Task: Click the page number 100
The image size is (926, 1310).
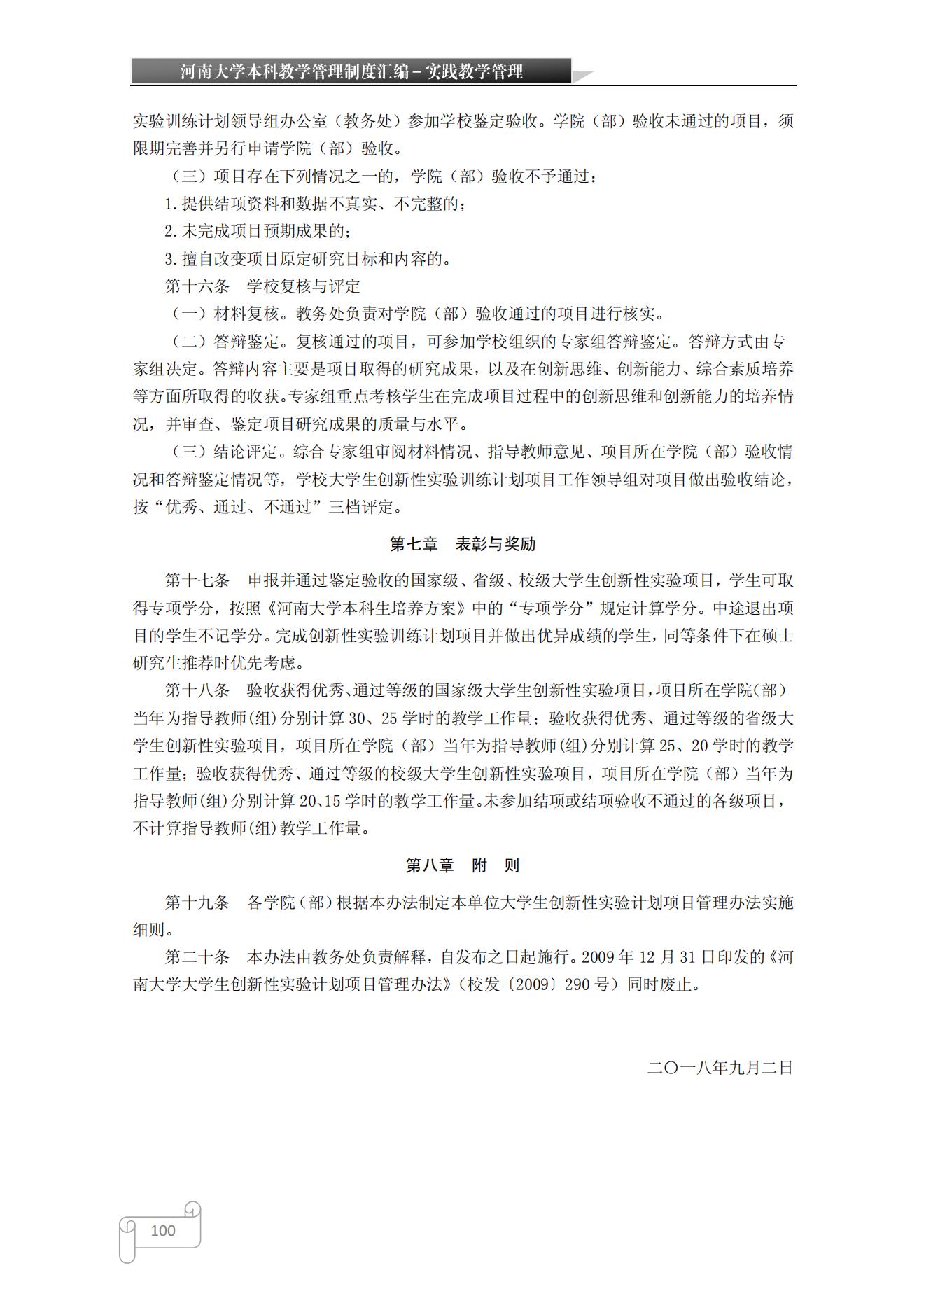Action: click(163, 1230)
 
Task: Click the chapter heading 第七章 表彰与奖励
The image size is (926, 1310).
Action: click(463, 544)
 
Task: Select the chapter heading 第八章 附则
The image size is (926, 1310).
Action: click(463, 865)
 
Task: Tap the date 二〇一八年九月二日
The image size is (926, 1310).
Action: click(720, 1068)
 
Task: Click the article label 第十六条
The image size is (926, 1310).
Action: click(197, 286)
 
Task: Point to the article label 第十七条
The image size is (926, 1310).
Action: click(197, 580)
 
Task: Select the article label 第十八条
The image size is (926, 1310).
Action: click(197, 690)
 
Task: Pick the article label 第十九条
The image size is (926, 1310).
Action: click(197, 903)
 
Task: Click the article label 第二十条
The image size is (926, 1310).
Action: click(197, 957)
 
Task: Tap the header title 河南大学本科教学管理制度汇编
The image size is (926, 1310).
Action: click(294, 71)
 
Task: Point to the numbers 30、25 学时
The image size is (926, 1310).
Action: click(384, 718)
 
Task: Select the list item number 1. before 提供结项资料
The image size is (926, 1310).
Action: click(171, 204)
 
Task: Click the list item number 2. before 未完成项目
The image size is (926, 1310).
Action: click(171, 232)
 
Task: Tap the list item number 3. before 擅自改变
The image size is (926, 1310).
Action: click(171, 259)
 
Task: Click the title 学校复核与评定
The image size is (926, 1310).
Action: click(304, 286)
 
